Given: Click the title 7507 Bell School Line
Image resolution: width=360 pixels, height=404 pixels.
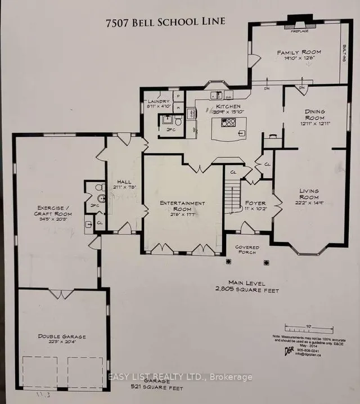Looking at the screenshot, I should click(x=165, y=21).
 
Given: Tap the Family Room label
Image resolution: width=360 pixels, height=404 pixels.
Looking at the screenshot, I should click(x=298, y=53).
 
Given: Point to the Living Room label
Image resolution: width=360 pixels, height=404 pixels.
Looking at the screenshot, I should click(x=308, y=194).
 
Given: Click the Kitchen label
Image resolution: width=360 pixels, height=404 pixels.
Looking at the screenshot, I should click(x=228, y=106).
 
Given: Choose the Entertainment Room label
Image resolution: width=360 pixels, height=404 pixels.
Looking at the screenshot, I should click(x=182, y=206).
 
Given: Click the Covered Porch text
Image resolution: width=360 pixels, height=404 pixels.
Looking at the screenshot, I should click(x=246, y=250).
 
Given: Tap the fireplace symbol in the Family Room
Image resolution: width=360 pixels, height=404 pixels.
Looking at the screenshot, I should click(x=296, y=25).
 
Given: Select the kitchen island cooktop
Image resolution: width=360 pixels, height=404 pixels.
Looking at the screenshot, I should click(x=228, y=122).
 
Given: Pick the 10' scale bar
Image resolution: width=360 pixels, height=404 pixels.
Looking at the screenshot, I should click(x=301, y=326).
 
